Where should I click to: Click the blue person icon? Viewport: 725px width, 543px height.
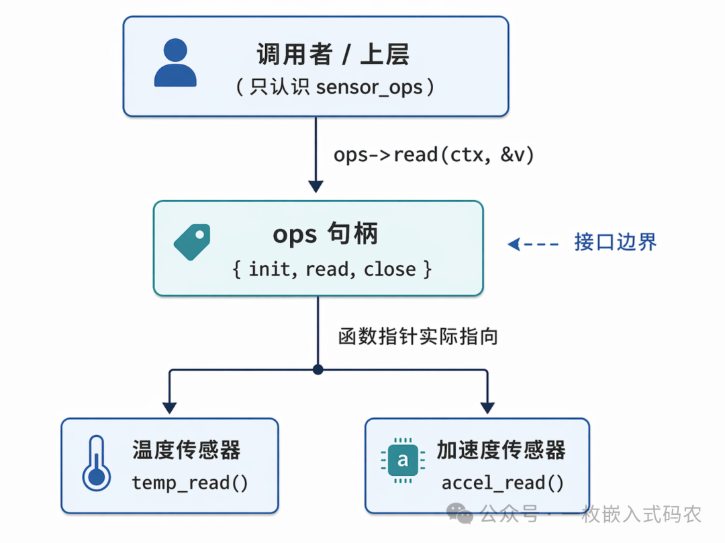coord(175,63)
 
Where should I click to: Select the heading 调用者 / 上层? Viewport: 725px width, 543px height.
coord(333,54)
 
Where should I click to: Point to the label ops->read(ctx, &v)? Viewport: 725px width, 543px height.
coord(434,155)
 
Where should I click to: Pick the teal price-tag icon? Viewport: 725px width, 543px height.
coord(192,242)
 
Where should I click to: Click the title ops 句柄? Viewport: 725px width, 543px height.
coord(326,234)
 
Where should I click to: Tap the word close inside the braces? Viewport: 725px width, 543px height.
coord(389,270)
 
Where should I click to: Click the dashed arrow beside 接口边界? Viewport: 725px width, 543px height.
coord(533,244)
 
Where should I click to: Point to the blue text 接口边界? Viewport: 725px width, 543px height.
coord(615,242)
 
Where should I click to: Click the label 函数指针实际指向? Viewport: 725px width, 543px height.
coord(418,336)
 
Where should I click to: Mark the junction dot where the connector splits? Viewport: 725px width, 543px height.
coord(318,370)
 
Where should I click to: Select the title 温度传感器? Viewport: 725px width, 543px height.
coord(186,450)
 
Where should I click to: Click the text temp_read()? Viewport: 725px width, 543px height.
coord(190,483)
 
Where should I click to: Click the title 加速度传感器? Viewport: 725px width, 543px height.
coord(501,450)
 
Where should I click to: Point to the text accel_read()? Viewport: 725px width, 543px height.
coord(502,483)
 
